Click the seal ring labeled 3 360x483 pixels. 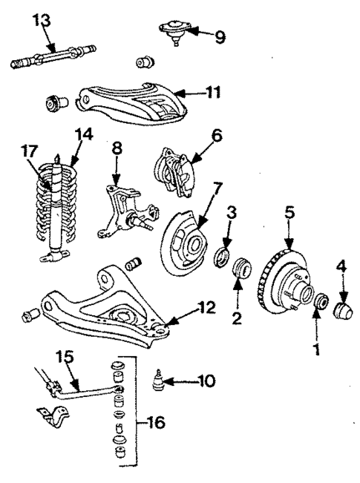tap(220, 257)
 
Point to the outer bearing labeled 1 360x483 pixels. tap(321, 303)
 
